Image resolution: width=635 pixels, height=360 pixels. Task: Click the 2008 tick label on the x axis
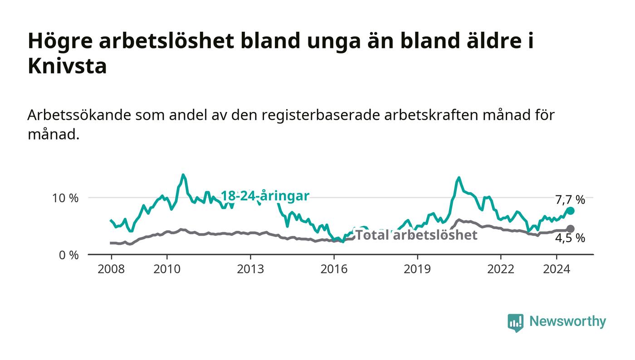[x=111, y=269]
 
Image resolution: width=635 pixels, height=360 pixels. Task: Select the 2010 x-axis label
[x=167, y=269]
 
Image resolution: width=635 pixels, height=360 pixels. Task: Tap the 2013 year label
[x=250, y=269]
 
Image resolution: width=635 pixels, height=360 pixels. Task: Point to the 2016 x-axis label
[x=334, y=269]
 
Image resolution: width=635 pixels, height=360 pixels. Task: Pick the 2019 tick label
[x=417, y=269]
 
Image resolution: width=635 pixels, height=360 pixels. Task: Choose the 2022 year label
[x=501, y=269]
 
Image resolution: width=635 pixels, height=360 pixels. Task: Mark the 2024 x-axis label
[x=557, y=269]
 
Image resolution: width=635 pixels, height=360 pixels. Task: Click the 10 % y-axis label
[x=65, y=198]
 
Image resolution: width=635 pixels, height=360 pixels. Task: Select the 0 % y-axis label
[x=68, y=255]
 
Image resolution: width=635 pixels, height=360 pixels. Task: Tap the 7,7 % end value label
[x=570, y=200]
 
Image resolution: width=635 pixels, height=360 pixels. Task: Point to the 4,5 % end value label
[x=570, y=238]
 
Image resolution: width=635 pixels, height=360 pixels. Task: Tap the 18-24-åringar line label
[x=265, y=196]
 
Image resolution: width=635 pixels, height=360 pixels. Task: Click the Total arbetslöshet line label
[x=416, y=235]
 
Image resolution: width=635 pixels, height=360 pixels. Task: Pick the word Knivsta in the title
[x=67, y=66]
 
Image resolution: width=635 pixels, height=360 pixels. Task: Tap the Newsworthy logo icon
[x=515, y=322]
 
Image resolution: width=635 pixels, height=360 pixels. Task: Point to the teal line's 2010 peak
[x=183, y=175]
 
